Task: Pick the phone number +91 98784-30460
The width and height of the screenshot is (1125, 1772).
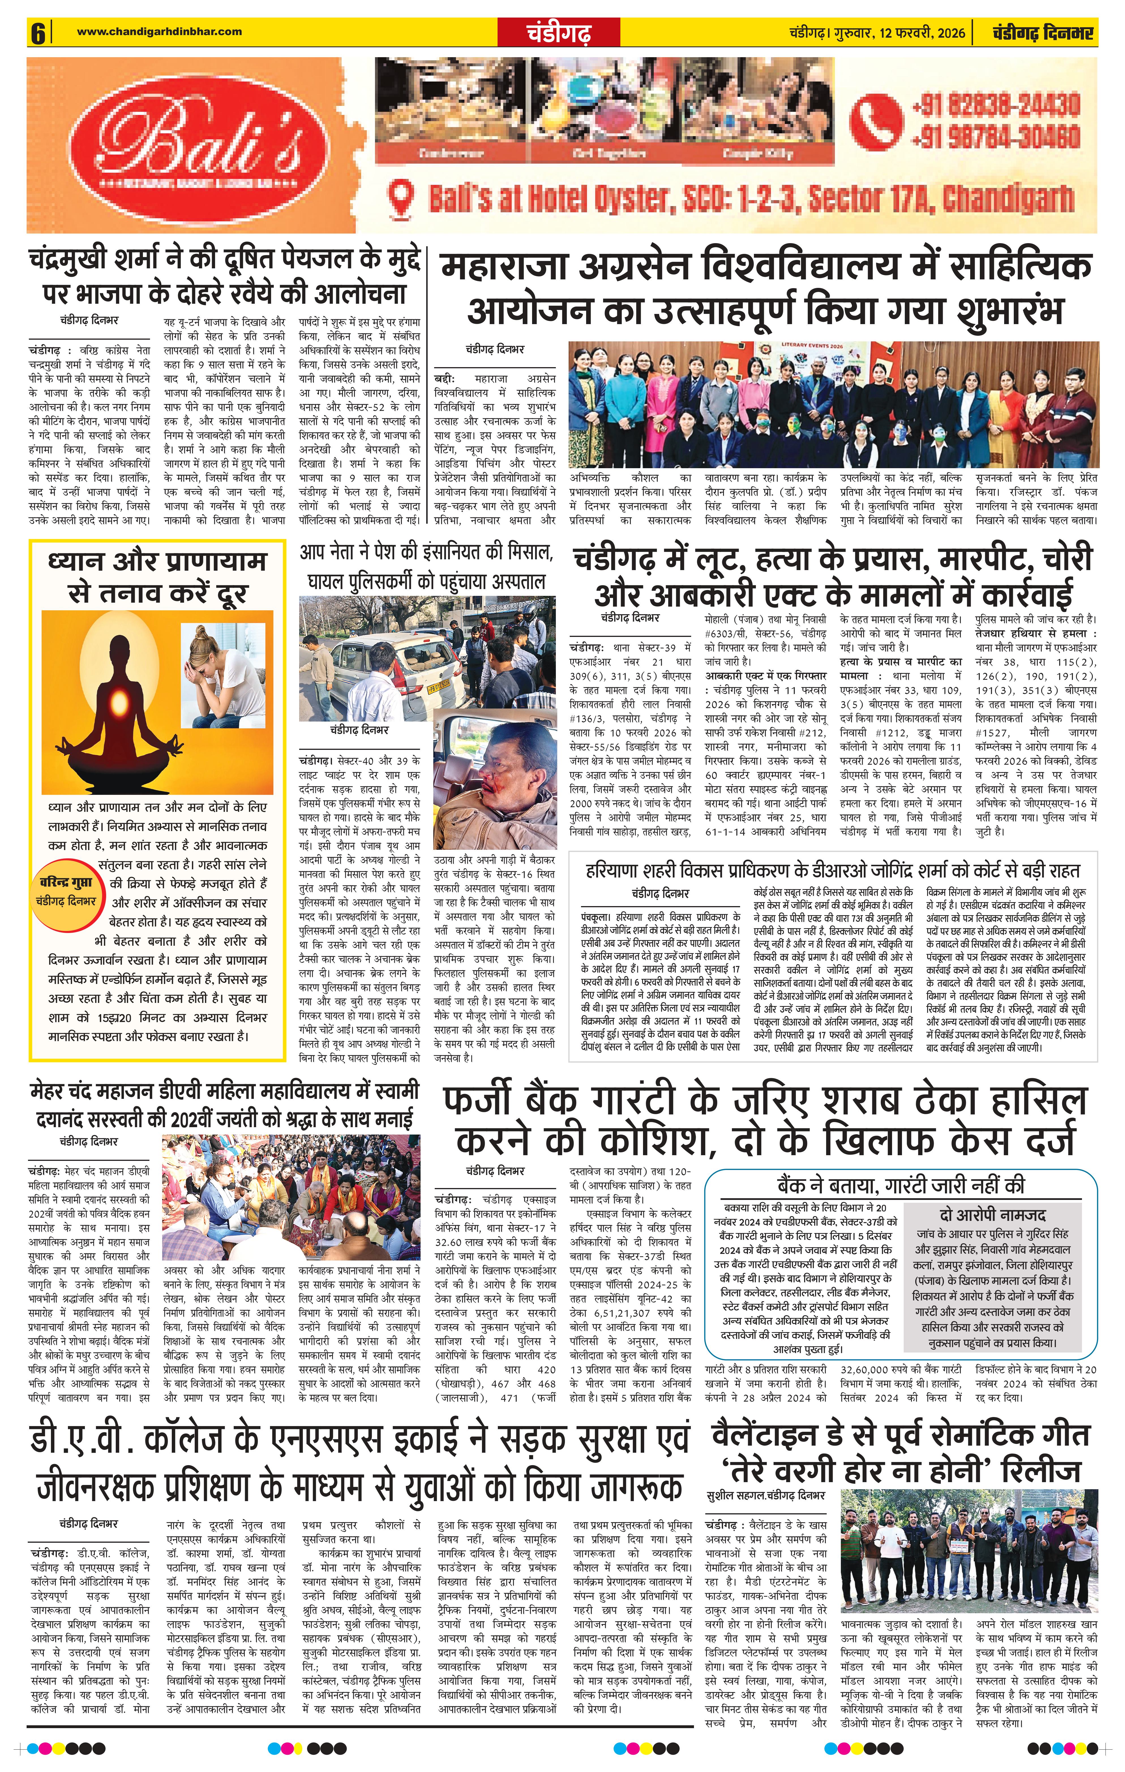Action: [x=995, y=137]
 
